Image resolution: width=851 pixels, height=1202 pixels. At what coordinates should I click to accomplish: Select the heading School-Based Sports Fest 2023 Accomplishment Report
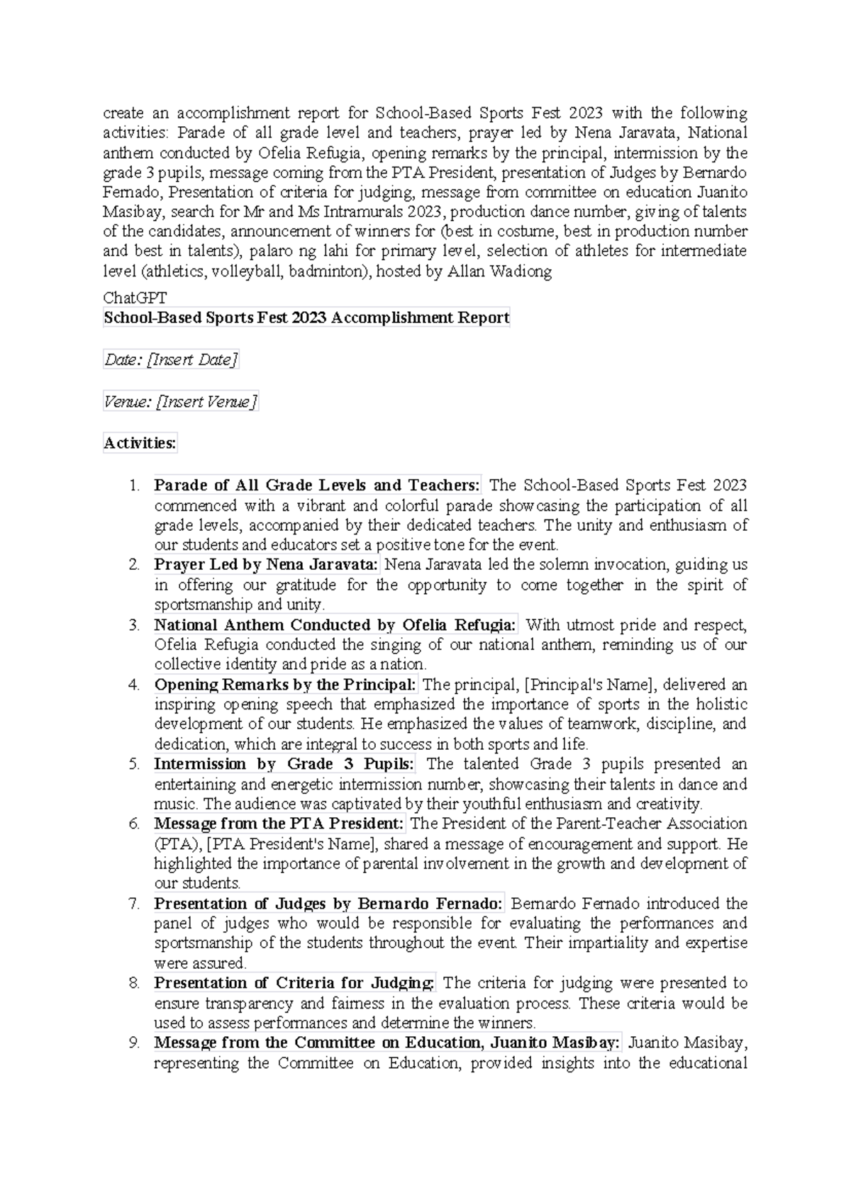point(306,318)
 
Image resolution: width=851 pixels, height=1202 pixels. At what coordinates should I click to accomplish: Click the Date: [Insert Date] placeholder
point(171,360)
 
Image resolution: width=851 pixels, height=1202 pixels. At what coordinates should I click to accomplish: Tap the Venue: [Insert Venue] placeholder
point(180,402)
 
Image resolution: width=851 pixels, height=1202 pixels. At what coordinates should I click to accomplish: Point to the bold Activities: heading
point(140,444)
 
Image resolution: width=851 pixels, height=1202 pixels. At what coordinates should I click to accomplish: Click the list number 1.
point(134,486)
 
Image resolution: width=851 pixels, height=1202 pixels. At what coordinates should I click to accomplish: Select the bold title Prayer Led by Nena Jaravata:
point(267,566)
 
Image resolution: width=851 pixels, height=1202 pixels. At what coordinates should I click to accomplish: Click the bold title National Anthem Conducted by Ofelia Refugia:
point(335,625)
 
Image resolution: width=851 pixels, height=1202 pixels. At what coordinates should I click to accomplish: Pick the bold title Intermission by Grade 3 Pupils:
point(285,764)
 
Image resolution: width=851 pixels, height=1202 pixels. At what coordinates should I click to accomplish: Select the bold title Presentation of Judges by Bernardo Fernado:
point(328,904)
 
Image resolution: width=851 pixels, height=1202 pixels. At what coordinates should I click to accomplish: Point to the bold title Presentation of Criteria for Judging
point(294,983)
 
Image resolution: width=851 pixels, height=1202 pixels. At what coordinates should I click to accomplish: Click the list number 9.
point(134,1043)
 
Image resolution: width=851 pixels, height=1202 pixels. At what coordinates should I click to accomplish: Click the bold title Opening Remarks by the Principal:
point(285,685)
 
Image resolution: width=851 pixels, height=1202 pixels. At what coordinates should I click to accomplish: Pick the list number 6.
point(134,824)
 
